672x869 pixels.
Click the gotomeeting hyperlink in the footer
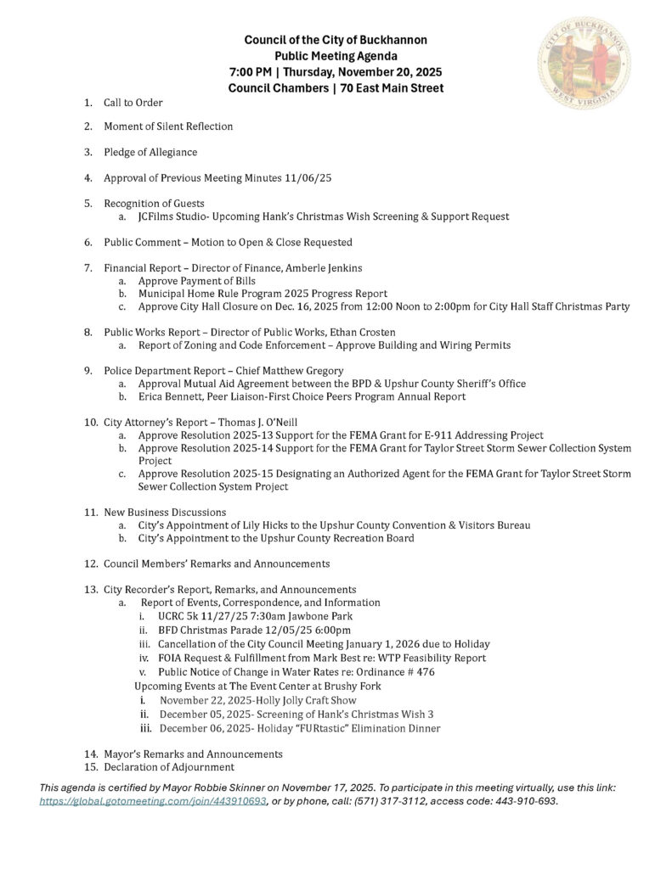tap(154, 800)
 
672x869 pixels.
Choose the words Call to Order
tap(133, 103)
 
